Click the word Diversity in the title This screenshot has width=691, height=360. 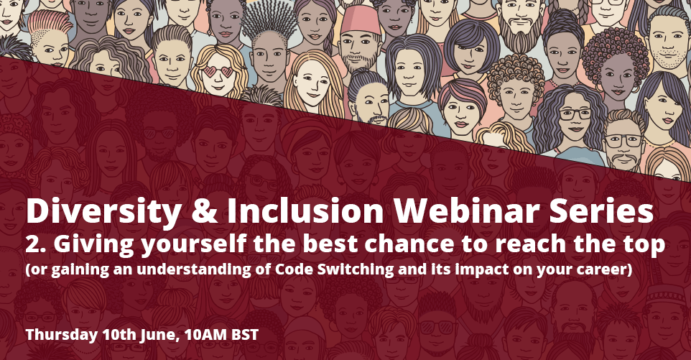(103, 212)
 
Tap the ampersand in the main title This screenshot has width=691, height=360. (204, 212)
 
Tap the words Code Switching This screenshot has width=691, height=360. (334, 269)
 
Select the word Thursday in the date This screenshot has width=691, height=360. (61, 335)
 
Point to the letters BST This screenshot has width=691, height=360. (245, 335)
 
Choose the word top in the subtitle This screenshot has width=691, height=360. (648, 246)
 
